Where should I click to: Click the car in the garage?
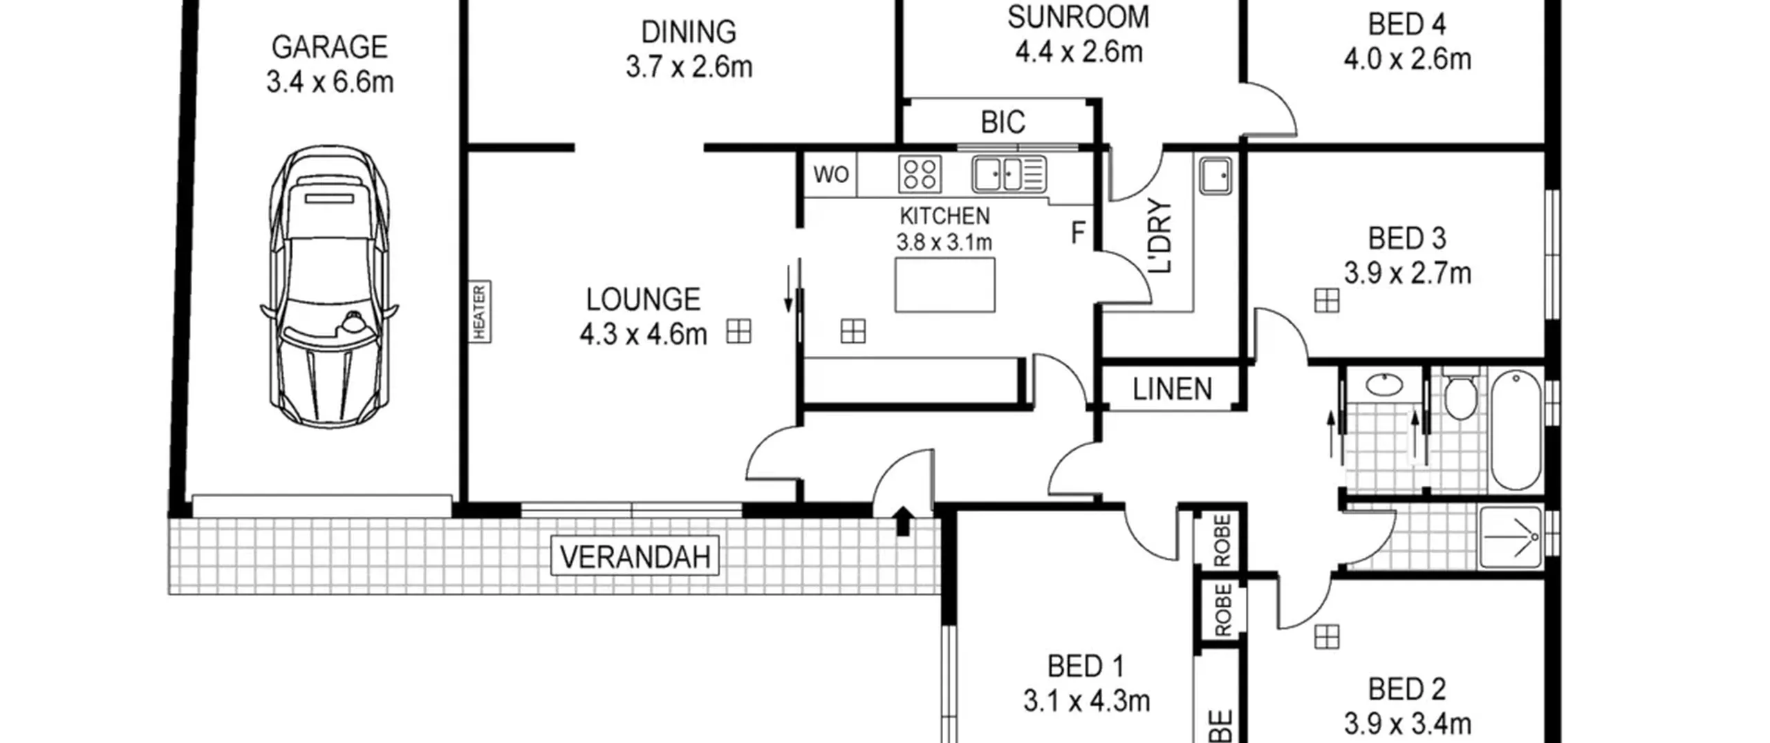(329, 287)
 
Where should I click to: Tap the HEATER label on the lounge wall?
(480, 312)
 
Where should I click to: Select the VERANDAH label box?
(635, 556)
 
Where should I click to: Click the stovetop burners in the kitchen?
(920, 173)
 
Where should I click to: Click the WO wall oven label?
(830, 174)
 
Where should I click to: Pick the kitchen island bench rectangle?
(945, 285)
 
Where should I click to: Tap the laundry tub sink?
(1215, 176)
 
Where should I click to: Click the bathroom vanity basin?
(1384, 384)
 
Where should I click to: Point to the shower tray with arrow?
(1511, 538)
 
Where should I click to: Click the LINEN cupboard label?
(1173, 389)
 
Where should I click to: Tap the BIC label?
(1003, 122)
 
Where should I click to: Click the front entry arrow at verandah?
(903, 520)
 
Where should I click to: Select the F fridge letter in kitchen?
(1077, 233)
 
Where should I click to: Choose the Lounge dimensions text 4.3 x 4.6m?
(643, 335)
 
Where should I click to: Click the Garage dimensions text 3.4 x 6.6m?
(330, 82)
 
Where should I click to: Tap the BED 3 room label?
(1406, 238)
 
